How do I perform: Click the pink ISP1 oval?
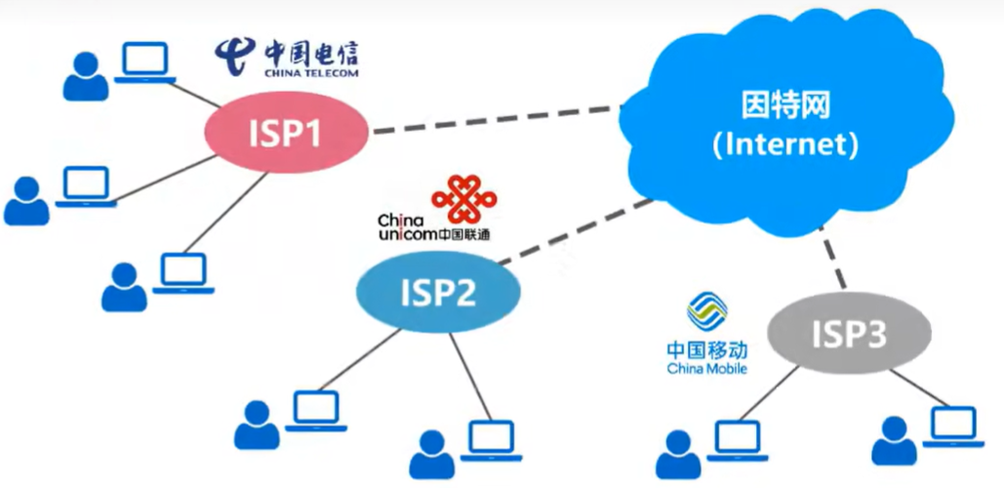[x=286, y=132]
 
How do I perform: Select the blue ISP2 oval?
[x=437, y=291]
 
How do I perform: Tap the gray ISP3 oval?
[x=849, y=335]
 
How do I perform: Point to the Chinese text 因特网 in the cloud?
[x=785, y=106]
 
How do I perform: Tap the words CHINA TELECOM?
[x=310, y=72]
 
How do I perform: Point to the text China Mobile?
[x=707, y=369]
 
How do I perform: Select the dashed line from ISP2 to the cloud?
[x=576, y=231]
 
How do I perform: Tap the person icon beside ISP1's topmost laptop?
[x=85, y=77]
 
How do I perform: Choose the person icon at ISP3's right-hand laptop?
[x=894, y=441]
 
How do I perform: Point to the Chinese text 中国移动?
[x=707, y=349]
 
